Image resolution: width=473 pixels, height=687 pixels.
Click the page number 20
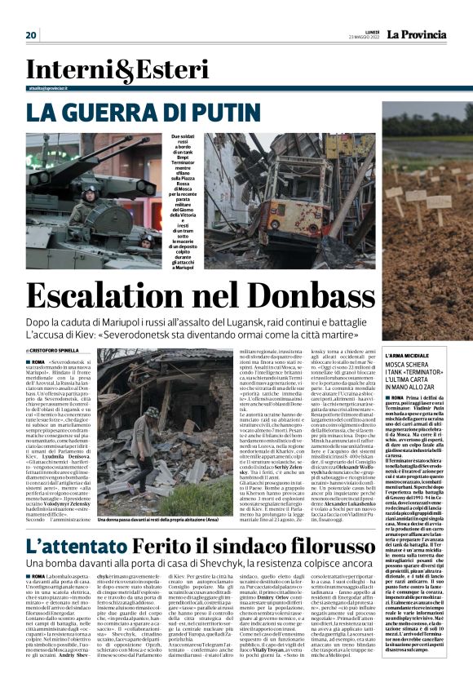coord(31,34)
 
